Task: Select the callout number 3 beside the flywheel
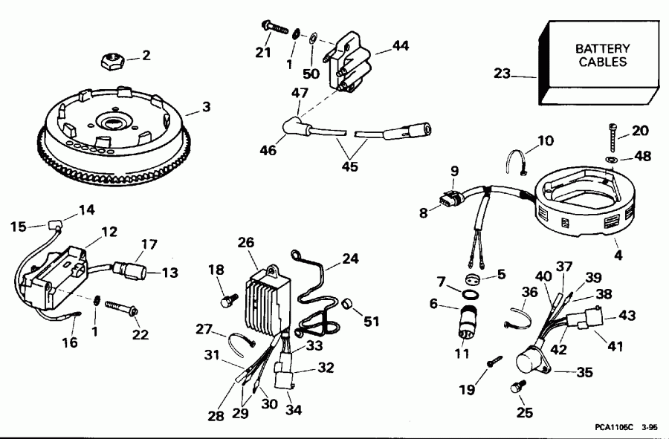pos(206,107)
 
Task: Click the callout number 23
pos(502,73)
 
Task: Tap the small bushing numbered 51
pos(348,304)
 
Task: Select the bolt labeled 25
pos(517,387)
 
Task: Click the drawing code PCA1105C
pos(614,428)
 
